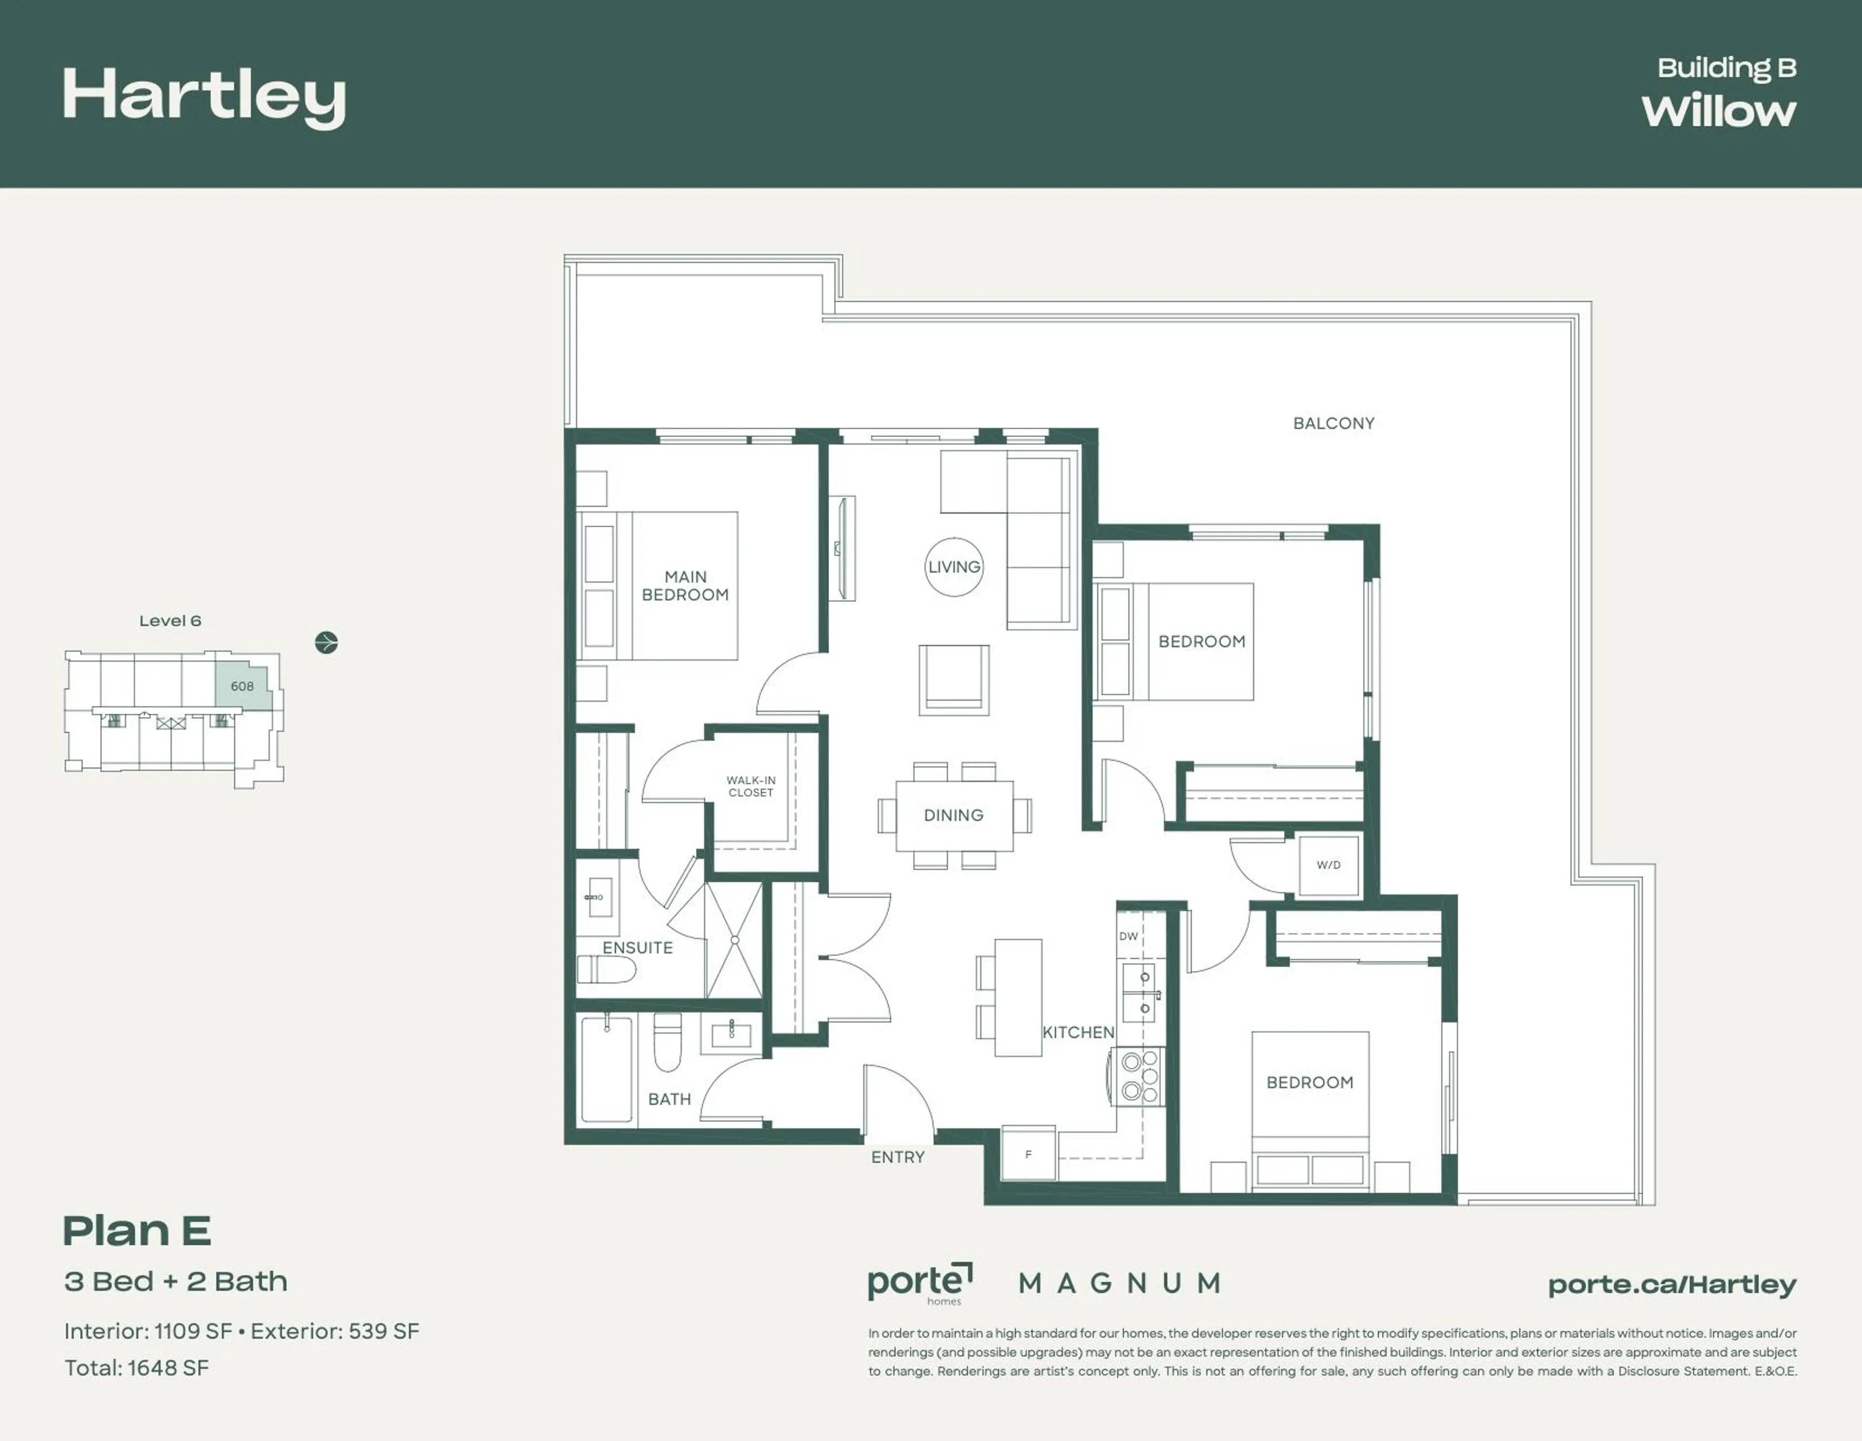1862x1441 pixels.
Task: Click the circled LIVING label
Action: pyautogui.click(x=954, y=567)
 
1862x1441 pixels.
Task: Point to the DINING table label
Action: pyautogui.click(x=953, y=815)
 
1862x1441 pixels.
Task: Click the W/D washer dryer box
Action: pyautogui.click(x=1328, y=865)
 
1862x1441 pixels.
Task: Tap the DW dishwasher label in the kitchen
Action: pyautogui.click(x=1128, y=936)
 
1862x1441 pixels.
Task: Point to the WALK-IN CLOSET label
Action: pyautogui.click(x=750, y=786)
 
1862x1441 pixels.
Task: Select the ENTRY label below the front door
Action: pyautogui.click(x=897, y=1157)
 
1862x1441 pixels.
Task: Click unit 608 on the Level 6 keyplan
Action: pyautogui.click(x=241, y=687)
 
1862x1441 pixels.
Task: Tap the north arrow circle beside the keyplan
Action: pyautogui.click(x=326, y=642)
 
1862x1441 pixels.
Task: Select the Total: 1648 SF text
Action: pyautogui.click(x=136, y=1368)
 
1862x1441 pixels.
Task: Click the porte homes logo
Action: pyautogui.click(x=919, y=1283)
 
